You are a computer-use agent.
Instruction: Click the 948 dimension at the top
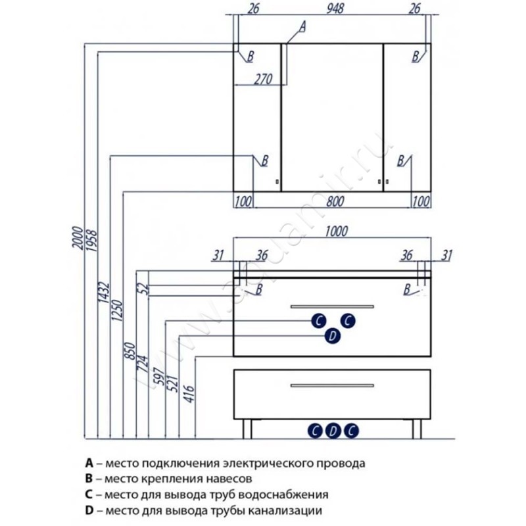coord(332,9)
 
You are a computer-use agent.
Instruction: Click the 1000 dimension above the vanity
coord(335,230)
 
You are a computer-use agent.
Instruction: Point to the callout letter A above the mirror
coord(302,26)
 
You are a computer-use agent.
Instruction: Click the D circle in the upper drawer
coord(333,336)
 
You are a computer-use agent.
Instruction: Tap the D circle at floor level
coord(333,431)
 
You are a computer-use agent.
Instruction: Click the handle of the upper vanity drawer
coord(333,306)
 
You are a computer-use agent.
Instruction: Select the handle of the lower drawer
coord(333,385)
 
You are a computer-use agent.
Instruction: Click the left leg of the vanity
coord(247,428)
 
